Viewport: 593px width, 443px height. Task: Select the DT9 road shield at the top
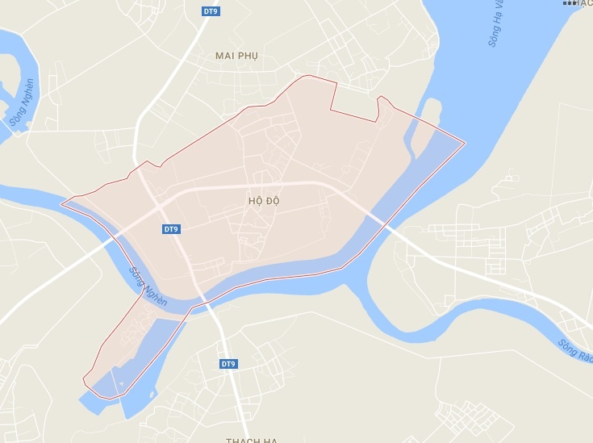tap(212, 10)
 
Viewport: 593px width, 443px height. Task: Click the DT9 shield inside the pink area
tap(171, 229)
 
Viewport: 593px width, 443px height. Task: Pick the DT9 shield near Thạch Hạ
tap(228, 364)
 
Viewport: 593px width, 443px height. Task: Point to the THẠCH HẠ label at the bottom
tap(252, 439)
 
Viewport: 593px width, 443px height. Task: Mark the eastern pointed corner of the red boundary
tap(465, 144)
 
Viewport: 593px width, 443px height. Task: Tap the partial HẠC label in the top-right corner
tap(581, 4)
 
